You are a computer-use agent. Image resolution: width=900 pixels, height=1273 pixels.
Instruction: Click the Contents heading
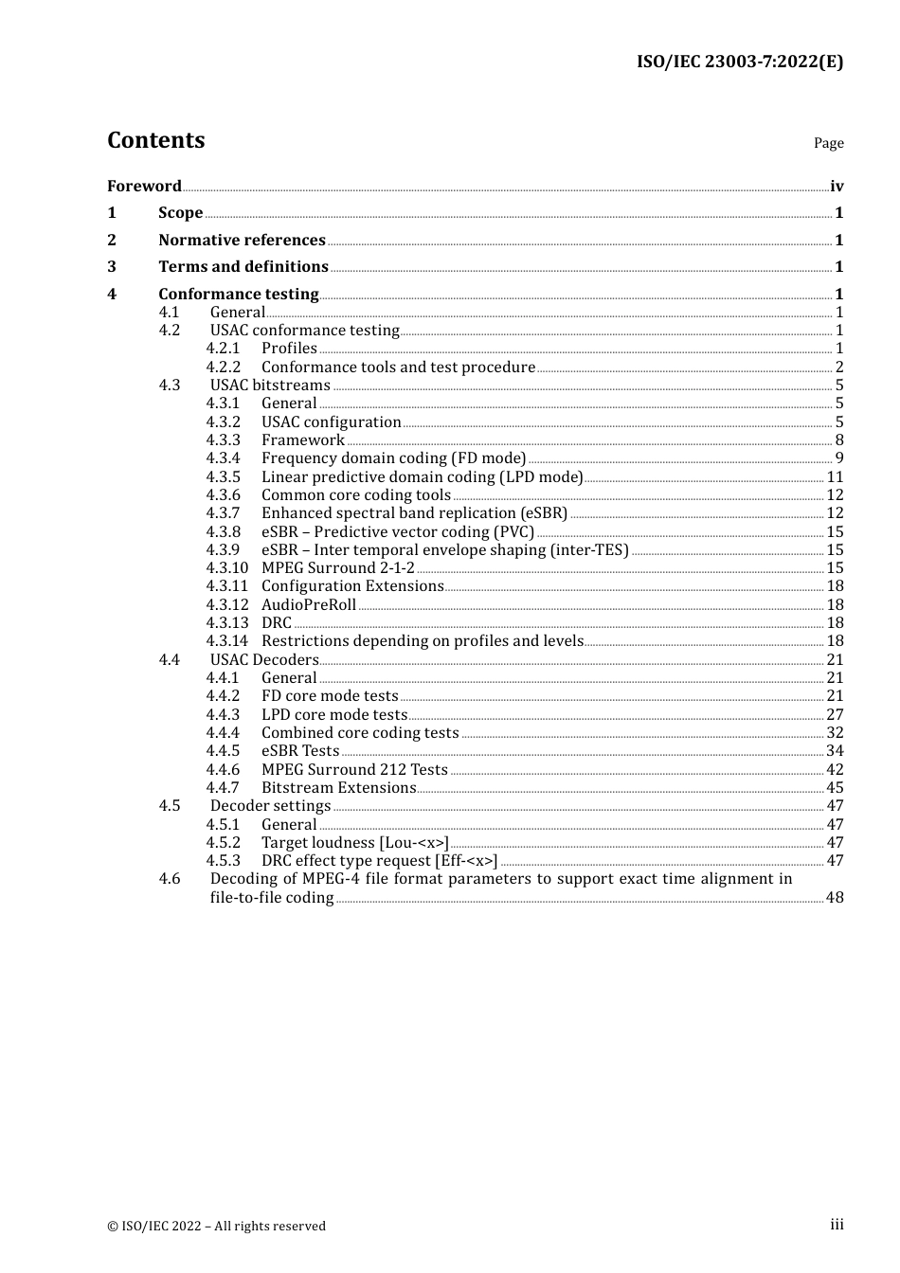[155, 140]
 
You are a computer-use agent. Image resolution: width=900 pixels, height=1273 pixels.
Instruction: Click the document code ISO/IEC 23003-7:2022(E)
[739, 63]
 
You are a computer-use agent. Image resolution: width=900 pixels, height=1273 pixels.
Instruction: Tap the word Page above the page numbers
[828, 143]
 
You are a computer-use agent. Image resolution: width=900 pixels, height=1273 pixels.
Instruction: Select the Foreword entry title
[144, 187]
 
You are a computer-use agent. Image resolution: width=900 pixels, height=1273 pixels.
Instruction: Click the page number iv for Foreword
[837, 187]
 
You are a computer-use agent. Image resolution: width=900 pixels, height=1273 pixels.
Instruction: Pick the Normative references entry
[242, 241]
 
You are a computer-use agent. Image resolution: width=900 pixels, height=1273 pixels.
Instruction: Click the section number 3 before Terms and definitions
[112, 267]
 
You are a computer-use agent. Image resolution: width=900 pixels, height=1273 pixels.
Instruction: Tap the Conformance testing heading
[238, 295]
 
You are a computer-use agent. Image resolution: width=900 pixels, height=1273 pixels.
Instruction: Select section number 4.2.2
[224, 368]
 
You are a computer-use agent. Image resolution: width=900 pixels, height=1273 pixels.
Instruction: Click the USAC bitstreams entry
[270, 385]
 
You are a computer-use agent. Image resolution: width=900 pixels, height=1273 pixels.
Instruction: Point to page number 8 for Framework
[839, 440]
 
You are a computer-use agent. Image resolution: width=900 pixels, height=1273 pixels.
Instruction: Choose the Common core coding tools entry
[355, 495]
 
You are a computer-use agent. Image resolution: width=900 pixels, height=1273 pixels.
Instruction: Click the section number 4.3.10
[227, 568]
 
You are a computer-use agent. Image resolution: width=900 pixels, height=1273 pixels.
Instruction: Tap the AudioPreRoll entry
[309, 605]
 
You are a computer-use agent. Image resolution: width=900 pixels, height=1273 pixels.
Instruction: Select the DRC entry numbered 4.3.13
[277, 623]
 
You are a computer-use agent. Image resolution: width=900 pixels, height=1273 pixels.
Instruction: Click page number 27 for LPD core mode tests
[835, 715]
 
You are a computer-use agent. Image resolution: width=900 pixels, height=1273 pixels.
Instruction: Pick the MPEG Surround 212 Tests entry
[354, 770]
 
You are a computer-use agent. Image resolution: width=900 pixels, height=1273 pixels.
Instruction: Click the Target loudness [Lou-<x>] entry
[354, 843]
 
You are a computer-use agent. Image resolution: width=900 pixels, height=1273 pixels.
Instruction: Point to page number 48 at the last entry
[835, 898]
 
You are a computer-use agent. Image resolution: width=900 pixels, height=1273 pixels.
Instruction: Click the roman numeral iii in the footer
[837, 1225]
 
